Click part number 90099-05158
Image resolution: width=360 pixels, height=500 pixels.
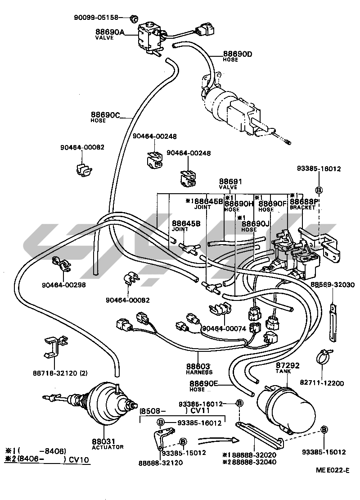(96, 18)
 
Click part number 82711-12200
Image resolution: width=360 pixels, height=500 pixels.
(321, 383)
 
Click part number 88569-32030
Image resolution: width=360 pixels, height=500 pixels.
(333, 285)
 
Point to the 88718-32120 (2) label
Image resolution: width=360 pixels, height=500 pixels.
(60, 373)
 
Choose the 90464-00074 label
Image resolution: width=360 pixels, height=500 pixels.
(224, 329)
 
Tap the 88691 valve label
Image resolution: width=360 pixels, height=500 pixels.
(230, 184)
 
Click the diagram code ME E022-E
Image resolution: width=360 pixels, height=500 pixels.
(332, 470)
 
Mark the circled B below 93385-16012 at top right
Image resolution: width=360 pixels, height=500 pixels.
(319, 189)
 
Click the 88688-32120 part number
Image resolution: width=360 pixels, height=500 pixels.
(161, 463)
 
